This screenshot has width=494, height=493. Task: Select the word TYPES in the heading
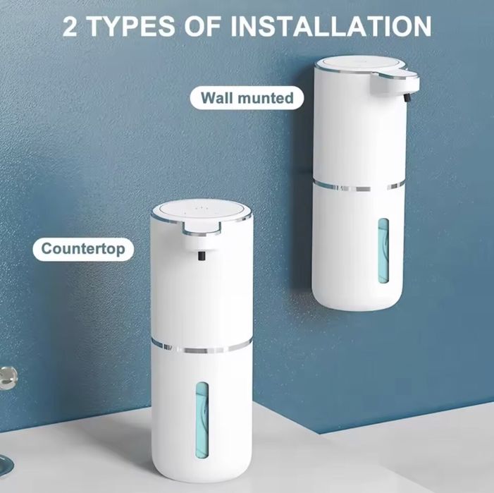pos(132,26)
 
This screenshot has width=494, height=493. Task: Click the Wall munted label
pos(247,97)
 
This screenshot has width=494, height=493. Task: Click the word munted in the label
pos(267,97)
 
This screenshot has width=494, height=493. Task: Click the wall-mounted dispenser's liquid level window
pos(383,250)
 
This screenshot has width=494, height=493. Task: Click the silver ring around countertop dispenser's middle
pos(202,346)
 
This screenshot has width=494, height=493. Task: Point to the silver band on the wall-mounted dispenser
pos(359,186)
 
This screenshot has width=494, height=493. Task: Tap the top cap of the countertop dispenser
pos(200,211)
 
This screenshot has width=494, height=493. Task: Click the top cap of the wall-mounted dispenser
pos(359,66)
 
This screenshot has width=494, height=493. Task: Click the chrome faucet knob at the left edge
pos(6,374)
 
